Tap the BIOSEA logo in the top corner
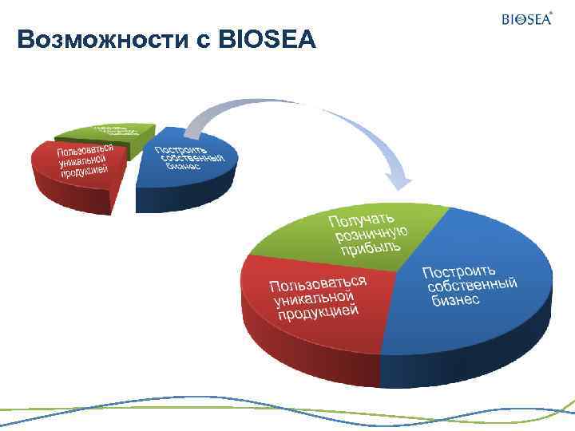click(x=526, y=18)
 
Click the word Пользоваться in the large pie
click(x=317, y=283)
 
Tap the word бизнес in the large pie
click(x=456, y=300)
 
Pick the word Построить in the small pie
click(x=180, y=149)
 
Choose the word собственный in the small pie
click(x=192, y=159)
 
